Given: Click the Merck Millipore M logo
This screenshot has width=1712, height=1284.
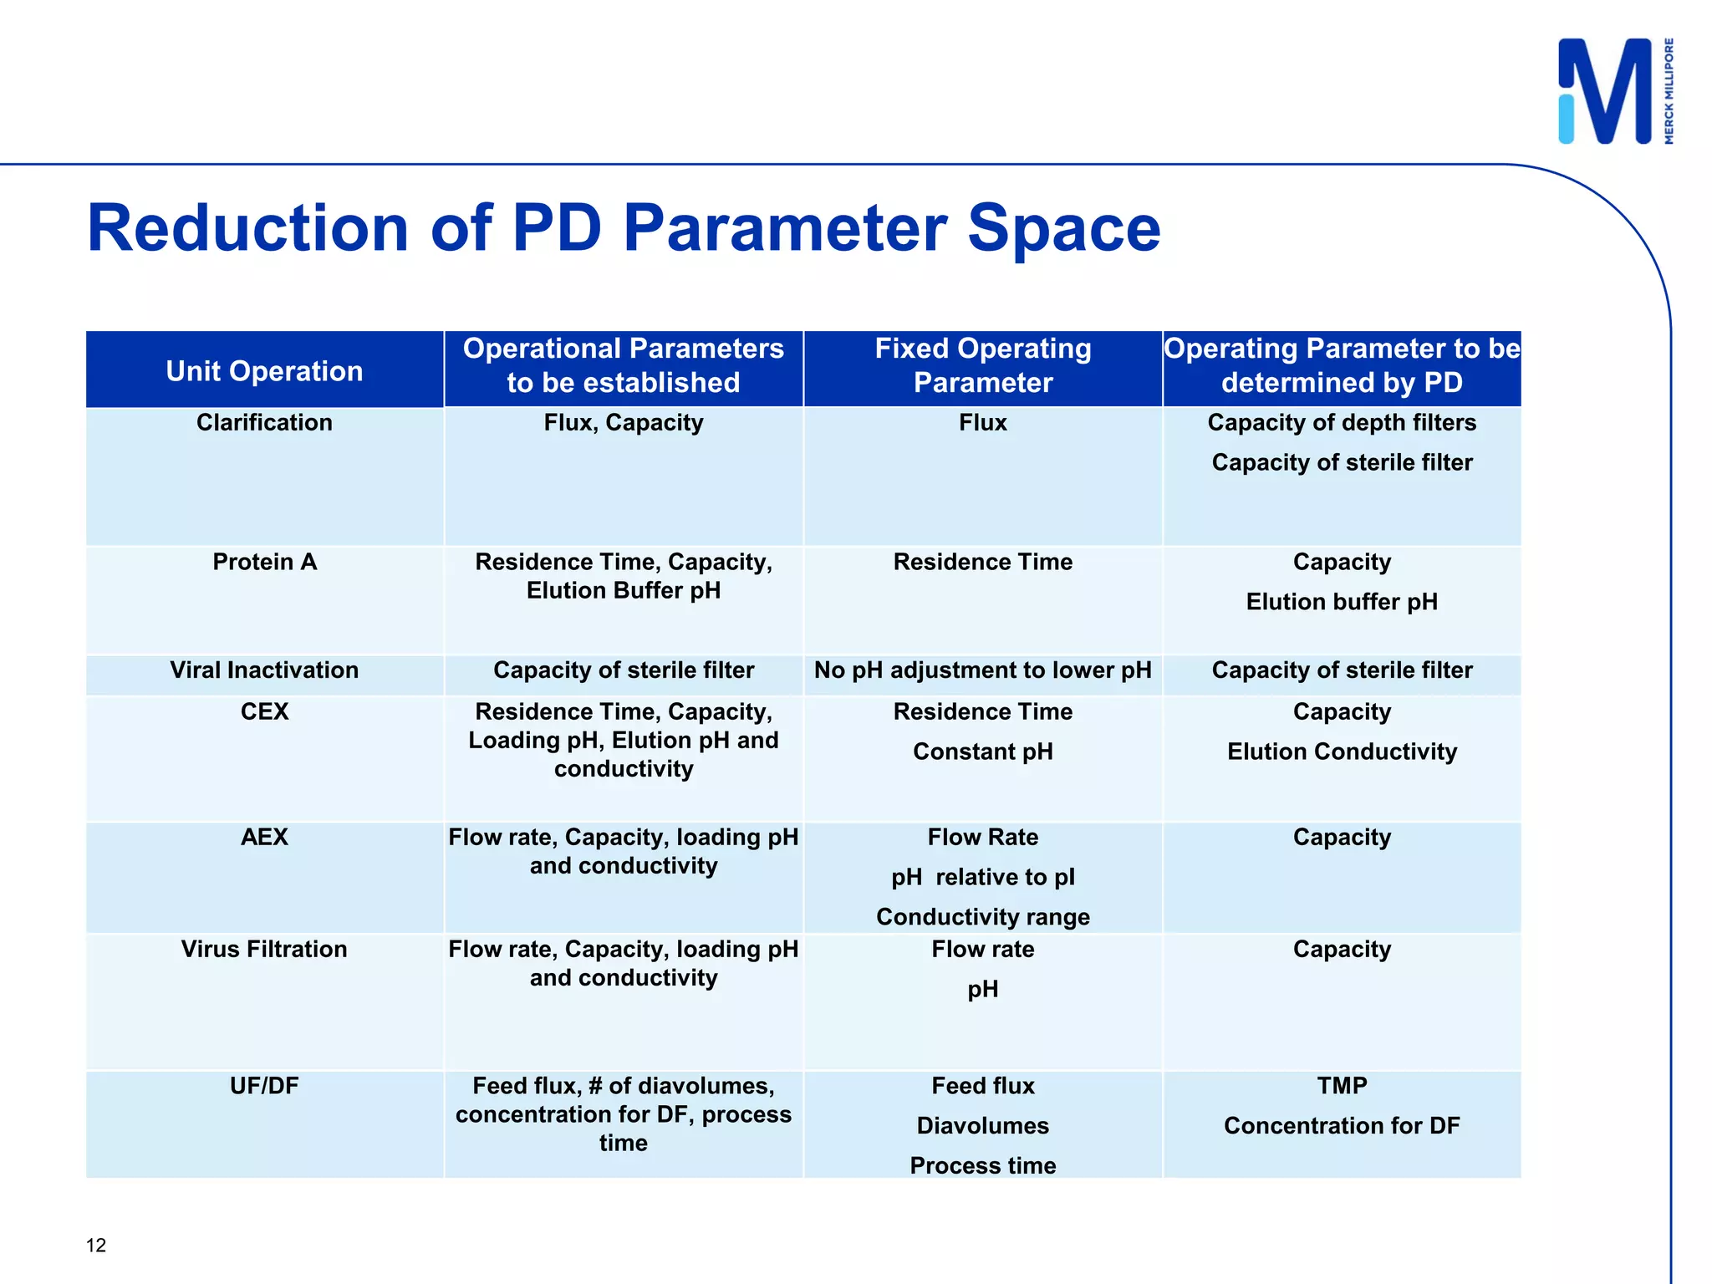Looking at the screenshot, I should [x=1605, y=92].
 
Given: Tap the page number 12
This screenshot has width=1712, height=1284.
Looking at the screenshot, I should [x=96, y=1246].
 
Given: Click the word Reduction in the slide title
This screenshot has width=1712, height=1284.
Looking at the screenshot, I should [x=247, y=228].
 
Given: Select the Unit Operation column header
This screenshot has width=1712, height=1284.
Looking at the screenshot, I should [x=264, y=371].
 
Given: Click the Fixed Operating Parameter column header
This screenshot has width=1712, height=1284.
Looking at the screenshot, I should [x=982, y=365].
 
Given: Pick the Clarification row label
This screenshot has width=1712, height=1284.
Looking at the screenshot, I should [x=264, y=423].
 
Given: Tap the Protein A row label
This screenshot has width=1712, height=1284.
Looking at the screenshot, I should [x=264, y=562].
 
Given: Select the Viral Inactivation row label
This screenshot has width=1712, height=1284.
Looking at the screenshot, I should [x=264, y=670].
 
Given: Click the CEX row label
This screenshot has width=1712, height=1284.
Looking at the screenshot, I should [x=264, y=712].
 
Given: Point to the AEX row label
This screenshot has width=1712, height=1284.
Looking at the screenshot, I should [x=264, y=838].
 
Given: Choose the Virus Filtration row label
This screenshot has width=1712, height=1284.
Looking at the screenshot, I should [x=264, y=950].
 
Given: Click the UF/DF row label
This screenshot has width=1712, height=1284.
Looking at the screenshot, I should [x=264, y=1086].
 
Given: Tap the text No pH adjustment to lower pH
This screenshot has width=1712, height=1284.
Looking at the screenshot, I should [x=982, y=670].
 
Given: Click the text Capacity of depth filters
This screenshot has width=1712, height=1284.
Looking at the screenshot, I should [x=1341, y=423].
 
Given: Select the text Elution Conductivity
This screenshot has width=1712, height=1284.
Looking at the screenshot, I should [x=1341, y=752].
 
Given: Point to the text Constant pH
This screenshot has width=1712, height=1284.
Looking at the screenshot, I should [x=982, y=752].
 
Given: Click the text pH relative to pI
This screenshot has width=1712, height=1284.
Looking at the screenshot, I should [x=982, y=878].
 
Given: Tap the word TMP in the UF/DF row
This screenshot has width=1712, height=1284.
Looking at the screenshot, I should [x=1341, y=1086].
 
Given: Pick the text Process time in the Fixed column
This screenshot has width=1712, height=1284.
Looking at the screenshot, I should [x=982, y=1166].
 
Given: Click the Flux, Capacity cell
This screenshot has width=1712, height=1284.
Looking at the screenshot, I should [x=623, y=423].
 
